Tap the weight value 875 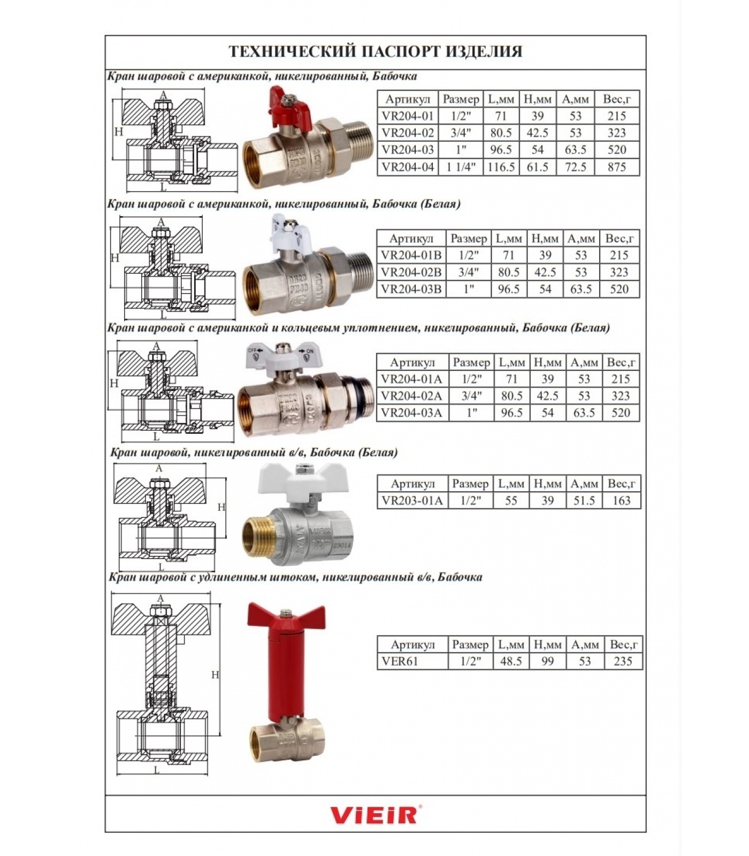(x=617, y=167)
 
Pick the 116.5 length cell (x=501, y=167)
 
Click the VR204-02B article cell (x=411, y=272)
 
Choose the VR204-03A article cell (x=412, y=412)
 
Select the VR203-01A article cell (x=412, y=500)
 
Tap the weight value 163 (x=622, y=500)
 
